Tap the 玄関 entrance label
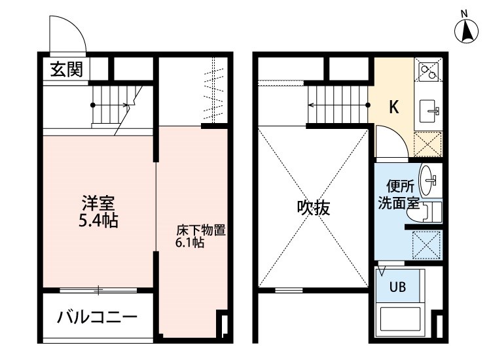tap(67, 69)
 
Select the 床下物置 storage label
tap(201, 230)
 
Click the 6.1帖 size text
tap(190, 243)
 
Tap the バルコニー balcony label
tap(97, 318)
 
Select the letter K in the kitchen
tap(394, 108)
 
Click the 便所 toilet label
tap(397, 186)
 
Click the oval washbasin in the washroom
tap(429, 177)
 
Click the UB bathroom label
tap(398, 285)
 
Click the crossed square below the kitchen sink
tap(429, 143)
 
